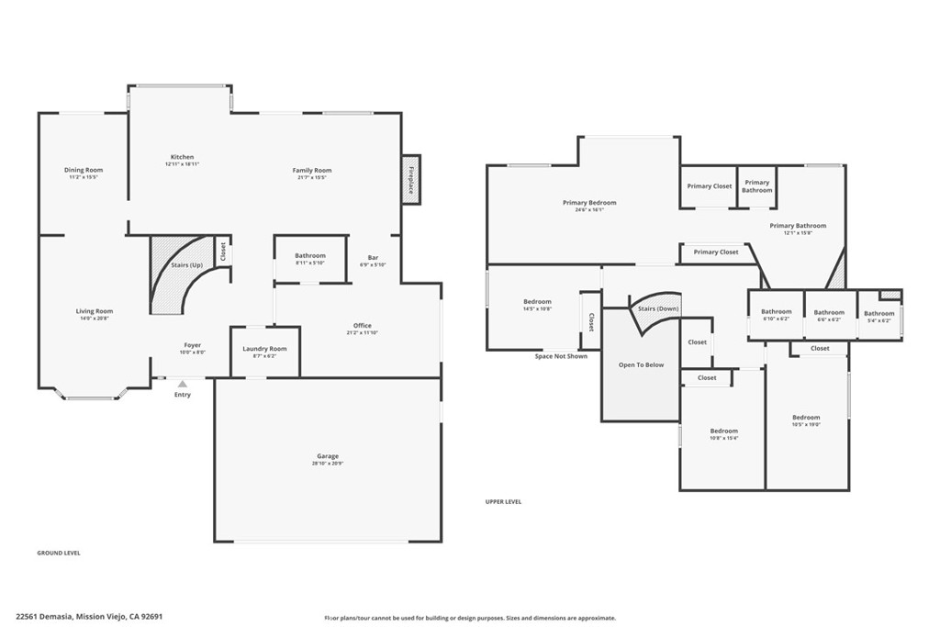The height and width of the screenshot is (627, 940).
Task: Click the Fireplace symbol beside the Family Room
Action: point(411,178)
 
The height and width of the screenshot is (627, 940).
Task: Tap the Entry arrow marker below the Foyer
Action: point(183,385)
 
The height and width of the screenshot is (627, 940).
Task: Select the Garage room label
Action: point(328,456)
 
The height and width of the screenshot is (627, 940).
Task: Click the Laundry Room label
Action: point(264,349)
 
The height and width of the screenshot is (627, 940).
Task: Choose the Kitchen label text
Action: point(182,157)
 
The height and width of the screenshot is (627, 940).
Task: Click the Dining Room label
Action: point(84,170)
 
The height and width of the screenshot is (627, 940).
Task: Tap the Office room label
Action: point(363,326)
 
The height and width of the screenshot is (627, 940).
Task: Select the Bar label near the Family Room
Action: point(373,257)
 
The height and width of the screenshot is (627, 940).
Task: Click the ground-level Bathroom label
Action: point(310,256)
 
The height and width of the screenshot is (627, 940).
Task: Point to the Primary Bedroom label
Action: point(589,203)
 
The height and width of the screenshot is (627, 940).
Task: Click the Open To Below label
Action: point(641,364)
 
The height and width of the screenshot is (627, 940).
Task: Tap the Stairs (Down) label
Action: point(658,308)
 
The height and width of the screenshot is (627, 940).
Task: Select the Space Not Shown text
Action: point(561,356)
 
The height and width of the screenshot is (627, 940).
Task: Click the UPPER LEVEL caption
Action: point(503,501)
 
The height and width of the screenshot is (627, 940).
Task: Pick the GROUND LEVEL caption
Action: point(58,553)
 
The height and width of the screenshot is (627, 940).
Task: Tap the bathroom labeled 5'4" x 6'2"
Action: point(878,320)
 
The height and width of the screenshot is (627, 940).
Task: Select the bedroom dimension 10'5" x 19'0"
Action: point(806,425)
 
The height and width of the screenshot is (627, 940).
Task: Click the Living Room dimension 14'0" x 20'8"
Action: point(95,319)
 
